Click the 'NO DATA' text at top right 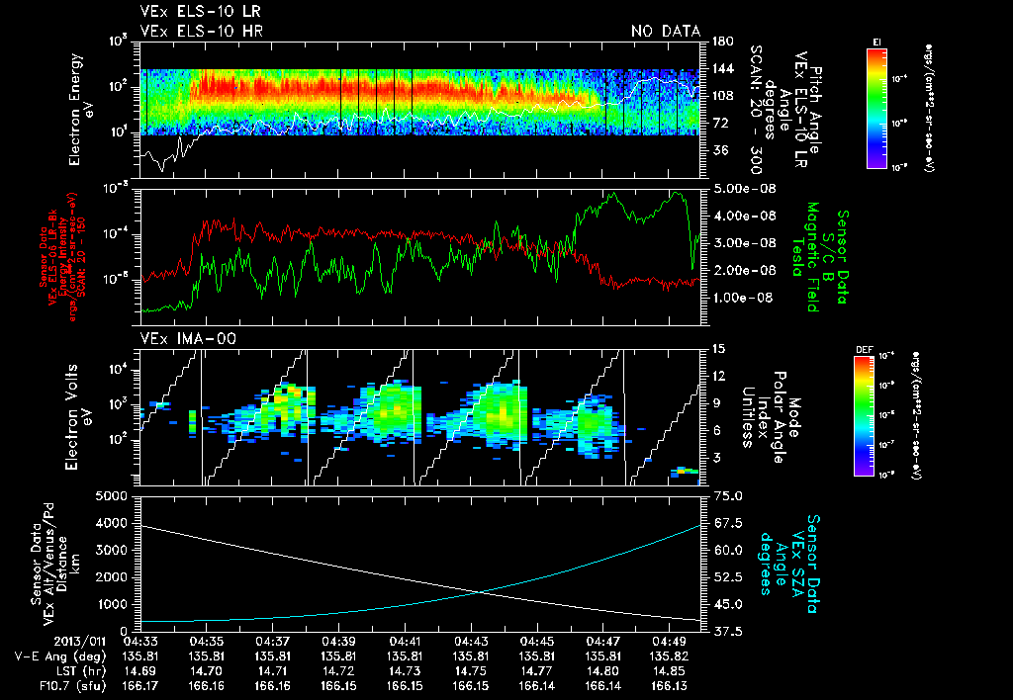[665, 32]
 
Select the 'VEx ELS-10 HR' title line [194, 32]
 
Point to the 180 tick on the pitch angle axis [720, 42]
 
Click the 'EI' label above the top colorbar [876, 41]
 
